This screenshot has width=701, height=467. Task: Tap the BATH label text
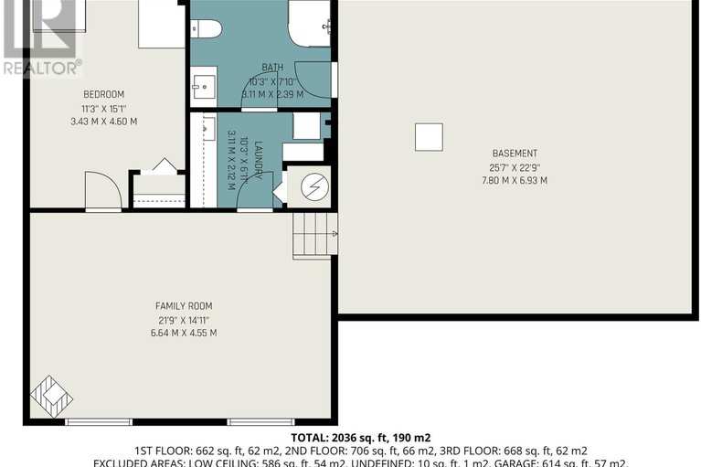(x=272, y=67)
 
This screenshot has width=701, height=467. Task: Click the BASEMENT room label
(x=515, y=154)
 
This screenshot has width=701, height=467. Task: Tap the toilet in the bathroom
(x=206, y=28)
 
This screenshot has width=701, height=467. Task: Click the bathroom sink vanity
(x=203, y=88)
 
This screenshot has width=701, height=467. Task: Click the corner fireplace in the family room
(x=49, y=396)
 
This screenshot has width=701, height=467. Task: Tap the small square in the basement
(x=428, y=137)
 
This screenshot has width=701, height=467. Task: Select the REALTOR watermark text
(x=41, y=67)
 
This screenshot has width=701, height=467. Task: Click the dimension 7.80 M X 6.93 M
(x=515, y=181)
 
